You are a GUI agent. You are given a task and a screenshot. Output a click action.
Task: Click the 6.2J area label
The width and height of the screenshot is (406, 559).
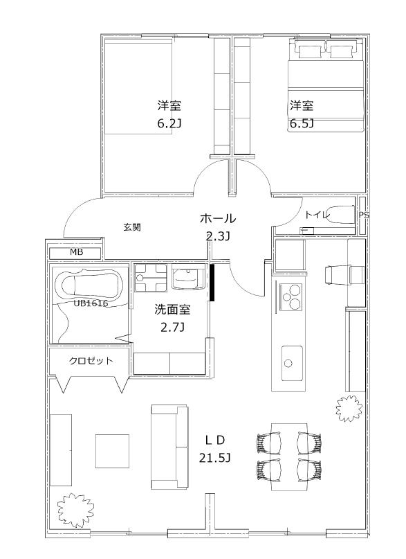(169, 125)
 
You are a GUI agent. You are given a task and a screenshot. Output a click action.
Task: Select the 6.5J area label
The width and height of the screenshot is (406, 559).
(302, 125)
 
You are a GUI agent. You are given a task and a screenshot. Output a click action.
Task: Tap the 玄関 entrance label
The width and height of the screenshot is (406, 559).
(132, 227)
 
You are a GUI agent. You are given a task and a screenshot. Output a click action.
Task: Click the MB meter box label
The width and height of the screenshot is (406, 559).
(76, 252)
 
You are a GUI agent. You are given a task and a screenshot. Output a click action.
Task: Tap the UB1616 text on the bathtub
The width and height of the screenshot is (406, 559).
(91, 303)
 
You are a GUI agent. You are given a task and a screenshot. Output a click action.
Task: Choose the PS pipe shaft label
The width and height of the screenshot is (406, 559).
(364, 215)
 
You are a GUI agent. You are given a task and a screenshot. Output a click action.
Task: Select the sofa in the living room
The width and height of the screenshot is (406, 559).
(169, 447)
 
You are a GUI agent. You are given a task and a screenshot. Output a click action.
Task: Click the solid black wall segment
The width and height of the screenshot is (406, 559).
(213, 282)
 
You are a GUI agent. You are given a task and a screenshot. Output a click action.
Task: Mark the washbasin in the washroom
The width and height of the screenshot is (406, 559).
(187, 278)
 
